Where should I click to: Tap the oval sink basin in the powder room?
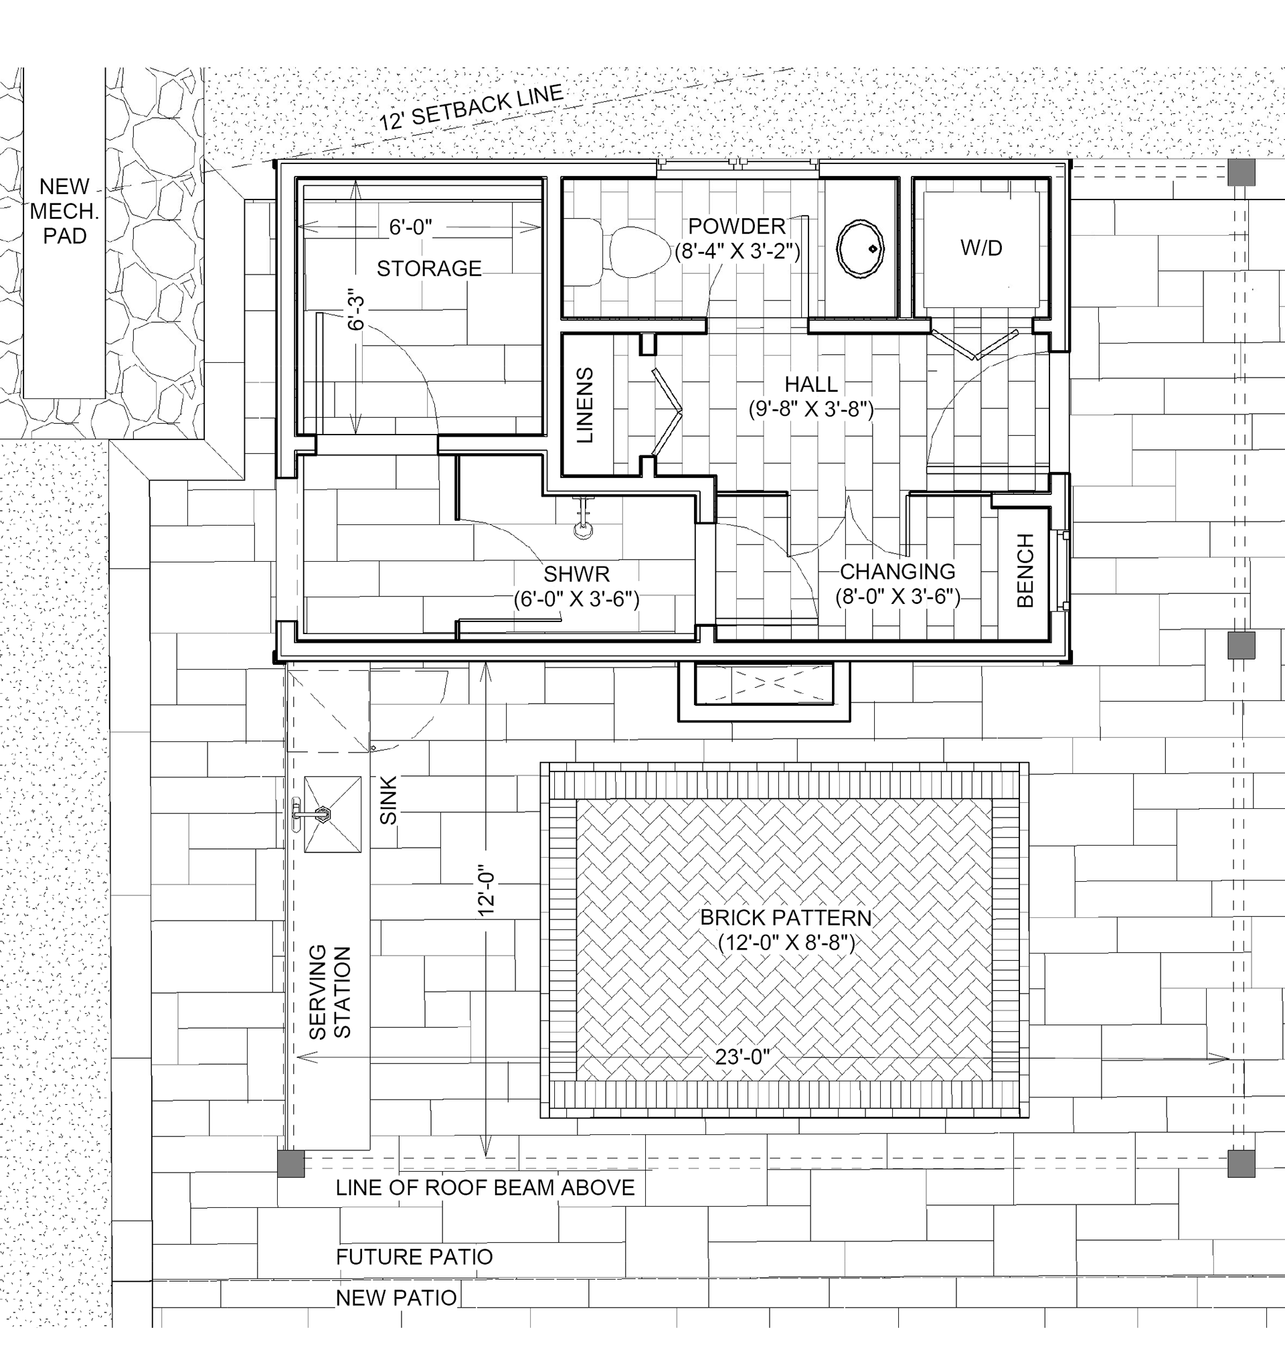[x=860, y=249]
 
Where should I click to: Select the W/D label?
[x=981, y=248]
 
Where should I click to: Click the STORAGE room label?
[x=429, y=268]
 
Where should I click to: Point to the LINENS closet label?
[x=584, y=405]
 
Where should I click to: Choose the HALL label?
[x=810, y=384]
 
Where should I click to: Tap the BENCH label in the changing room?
[x=1025, y=570]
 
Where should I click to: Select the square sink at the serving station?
[x=333, y=814]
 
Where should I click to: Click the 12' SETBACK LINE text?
[x=472, y=108]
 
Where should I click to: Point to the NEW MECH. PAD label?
[x=65, y=211]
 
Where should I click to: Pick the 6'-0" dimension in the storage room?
[x=410, y=227]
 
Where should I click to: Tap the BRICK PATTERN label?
[x=786, y=917]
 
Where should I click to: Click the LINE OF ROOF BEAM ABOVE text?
[x=485, y=1187]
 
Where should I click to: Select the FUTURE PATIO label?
[x=414, y=1256]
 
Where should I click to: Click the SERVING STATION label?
[x=330, y=992]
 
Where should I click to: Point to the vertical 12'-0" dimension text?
[x=487, y=893]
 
